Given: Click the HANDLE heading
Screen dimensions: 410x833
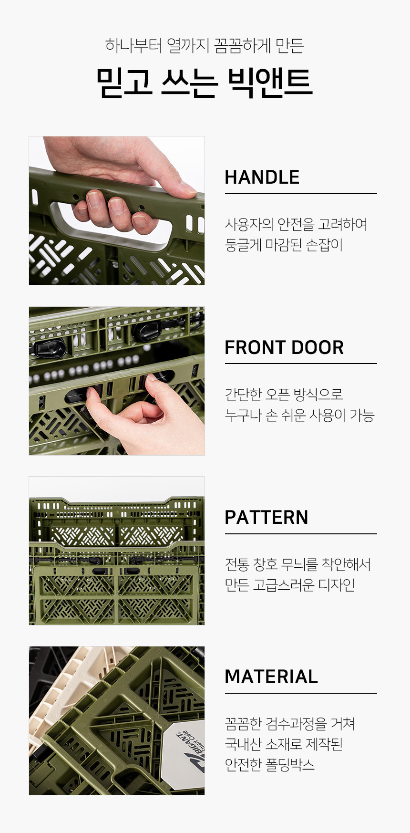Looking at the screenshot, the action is click(x=262, y=177).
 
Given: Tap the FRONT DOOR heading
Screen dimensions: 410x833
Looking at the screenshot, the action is click(x=284, y=347).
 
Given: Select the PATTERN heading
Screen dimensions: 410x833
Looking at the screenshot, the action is click(x=266, y=517).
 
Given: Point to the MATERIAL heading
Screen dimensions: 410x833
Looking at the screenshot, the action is click(x=271, y=677).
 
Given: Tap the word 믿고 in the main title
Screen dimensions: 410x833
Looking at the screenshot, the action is click(x=124, y=83).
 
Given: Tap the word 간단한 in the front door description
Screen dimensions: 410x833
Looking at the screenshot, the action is click(x=243, y=394).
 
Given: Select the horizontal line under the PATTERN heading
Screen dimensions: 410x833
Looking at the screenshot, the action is click(x=301, y=534).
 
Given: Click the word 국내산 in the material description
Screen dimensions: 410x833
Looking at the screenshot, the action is click(x=243, y=744).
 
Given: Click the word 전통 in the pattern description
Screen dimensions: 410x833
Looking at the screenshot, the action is click(x=236, y=564).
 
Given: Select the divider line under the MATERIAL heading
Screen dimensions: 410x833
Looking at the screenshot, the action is click(x=301, y=693).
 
